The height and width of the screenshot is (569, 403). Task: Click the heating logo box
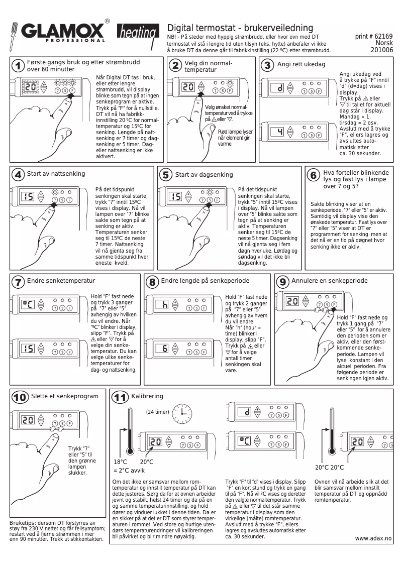(136, 34)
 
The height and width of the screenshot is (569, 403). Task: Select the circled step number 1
(18, 66)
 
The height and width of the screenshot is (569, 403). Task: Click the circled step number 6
(313, 175)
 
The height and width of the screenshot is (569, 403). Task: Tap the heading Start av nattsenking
(56, 174)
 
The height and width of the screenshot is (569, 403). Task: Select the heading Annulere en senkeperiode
(330, 281)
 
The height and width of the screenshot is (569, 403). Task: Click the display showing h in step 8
(164, 304)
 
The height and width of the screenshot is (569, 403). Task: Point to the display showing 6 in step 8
(164, 349)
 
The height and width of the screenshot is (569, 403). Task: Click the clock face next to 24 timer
(181, 413)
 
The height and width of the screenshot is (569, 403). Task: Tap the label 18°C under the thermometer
(121, 462)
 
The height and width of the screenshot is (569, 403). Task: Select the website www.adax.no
(373, 538)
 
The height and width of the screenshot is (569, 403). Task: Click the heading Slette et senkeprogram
(64, 396)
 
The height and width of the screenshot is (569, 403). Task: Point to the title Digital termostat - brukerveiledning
(240, 28)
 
